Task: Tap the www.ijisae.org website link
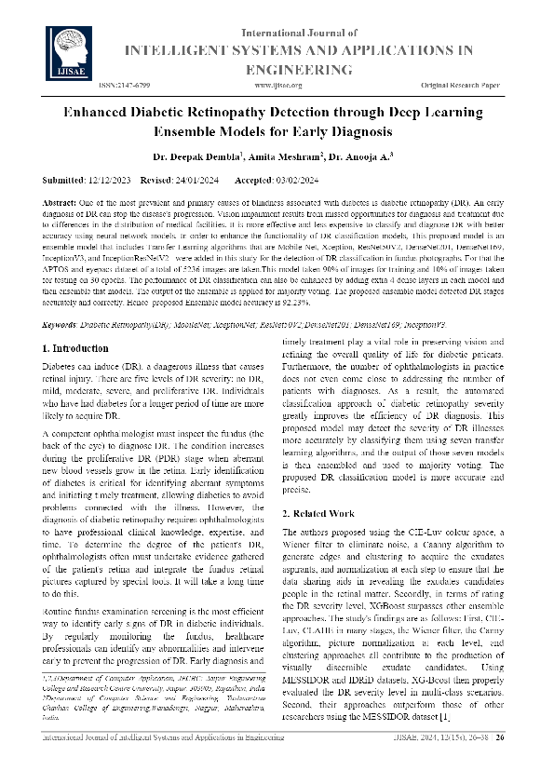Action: (277, 86)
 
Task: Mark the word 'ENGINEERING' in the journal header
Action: (291, 70)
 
